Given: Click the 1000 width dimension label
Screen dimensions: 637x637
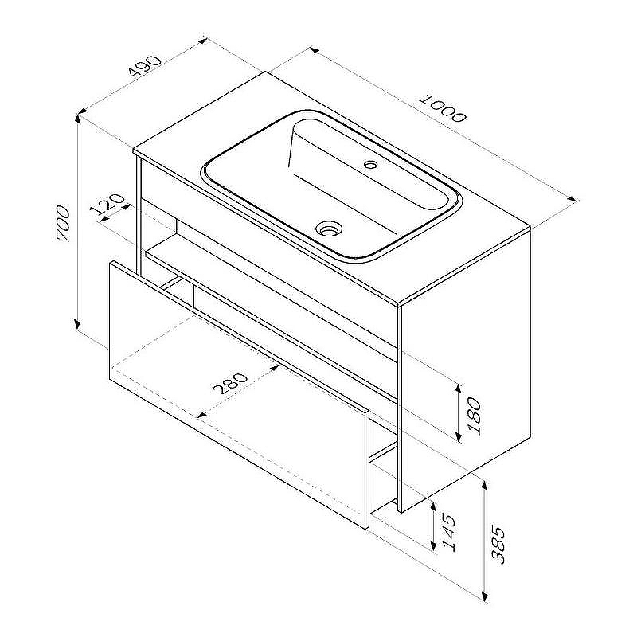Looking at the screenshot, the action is (443, 108).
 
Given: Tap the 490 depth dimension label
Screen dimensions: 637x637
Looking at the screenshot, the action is (145, 66).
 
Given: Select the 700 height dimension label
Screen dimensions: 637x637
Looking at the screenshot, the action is (64, 224).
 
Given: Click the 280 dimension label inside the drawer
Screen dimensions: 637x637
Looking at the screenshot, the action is (229, 384).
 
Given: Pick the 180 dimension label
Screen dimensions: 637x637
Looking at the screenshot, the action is (474, 416).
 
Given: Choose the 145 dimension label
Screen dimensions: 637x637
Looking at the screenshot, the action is (448, 533).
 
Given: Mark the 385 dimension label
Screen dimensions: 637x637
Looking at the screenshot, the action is (498, 545).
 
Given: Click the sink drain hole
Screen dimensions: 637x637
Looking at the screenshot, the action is (329, 229).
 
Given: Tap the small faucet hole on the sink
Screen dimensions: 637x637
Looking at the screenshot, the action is (370, 165).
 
